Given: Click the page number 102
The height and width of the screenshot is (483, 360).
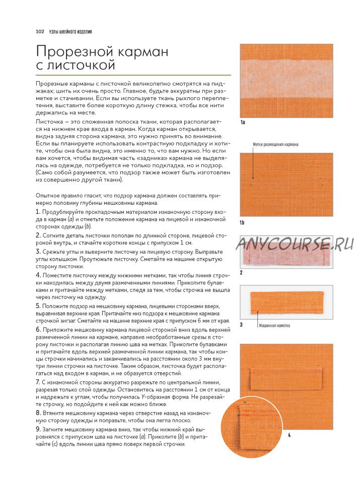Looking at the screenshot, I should tap(40, 32).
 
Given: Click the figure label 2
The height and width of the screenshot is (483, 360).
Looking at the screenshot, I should tap(242, 273).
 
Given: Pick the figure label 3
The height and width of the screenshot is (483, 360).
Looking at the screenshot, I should tap(242, 325).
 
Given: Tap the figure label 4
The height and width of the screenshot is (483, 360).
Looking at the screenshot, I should tap(289, 435).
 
